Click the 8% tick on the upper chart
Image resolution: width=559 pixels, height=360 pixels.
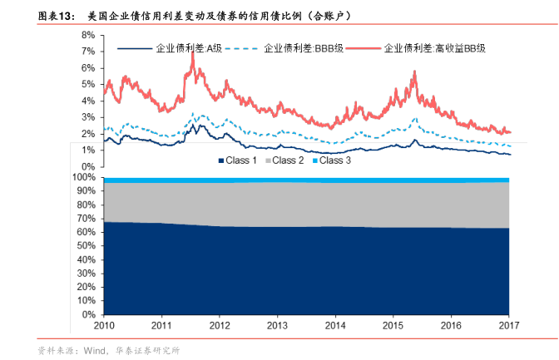click(87, 36)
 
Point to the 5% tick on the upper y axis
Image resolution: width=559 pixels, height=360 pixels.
click(87, 84)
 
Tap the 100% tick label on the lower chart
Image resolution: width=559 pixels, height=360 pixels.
click(85, 177)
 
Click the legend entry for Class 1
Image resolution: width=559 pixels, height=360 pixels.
click(240, 160)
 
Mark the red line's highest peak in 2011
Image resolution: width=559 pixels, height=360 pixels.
click(192, 53)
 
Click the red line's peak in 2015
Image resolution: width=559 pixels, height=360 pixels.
click(414, 72)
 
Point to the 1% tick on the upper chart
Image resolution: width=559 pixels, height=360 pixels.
click(87, 150)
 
